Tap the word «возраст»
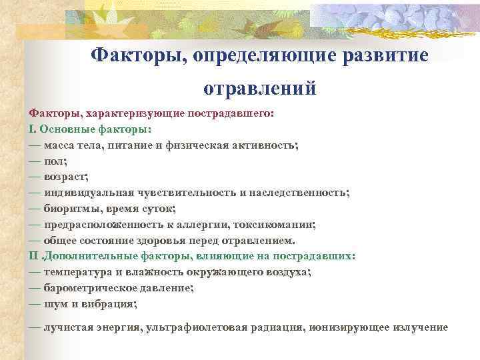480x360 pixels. (65, 177)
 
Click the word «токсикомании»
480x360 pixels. (275, 224)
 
